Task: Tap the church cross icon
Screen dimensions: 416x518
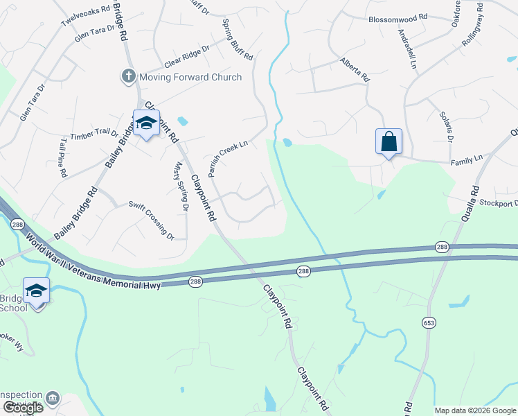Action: point(128,76)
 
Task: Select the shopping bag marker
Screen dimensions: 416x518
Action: point(388,141)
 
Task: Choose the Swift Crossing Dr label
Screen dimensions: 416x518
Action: point(152,221)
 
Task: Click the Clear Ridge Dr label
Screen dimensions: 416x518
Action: point(186,58)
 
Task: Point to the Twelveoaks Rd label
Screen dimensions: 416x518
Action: point(85,17)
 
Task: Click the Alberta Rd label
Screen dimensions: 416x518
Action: point(353,71)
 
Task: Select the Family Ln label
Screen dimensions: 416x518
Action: point(466,160)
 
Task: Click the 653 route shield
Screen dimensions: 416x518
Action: point(430,322)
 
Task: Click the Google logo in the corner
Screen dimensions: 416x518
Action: point(23,408)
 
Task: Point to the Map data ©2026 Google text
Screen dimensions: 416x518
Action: point(474,410)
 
